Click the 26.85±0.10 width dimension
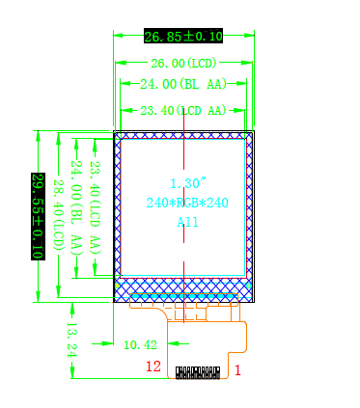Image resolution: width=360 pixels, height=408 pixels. click(x=183, y=36)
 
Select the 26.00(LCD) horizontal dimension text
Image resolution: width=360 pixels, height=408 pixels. click(x=183, y=63)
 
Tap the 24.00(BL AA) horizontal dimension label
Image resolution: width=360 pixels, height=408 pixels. click(x=183, y=84)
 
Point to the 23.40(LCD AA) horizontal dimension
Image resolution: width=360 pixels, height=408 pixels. click(x=183, y=111)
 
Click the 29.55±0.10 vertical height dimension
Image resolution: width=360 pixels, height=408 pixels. click(x=38, y=216)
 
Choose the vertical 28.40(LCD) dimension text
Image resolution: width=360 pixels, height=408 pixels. click(x=59, y=215)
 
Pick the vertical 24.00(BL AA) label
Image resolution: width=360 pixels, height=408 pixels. click(x=76, y=207)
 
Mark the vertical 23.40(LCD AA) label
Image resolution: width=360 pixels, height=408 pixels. click(x=95, y=207)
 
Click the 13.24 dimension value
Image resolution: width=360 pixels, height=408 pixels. click(x=71, y=340)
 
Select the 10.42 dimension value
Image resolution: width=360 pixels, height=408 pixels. click(x=140, y=345)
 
